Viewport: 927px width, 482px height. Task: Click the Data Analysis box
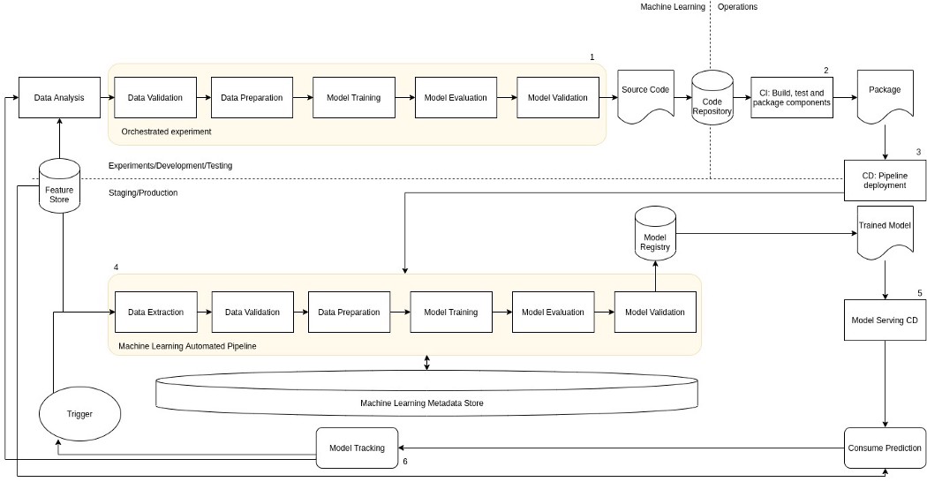[x=59, y=98]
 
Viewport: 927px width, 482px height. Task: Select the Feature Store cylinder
[x=59, y=185]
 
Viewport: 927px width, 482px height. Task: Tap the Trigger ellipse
[x=79, y=414]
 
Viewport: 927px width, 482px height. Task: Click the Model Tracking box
[x=357, y=448]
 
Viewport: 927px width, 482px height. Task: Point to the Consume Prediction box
[x=885, y=448]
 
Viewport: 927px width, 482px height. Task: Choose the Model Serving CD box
[x=885, y=320]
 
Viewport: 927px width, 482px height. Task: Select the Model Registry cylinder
[x=655, y=233]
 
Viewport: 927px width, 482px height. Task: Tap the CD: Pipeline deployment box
[x=885, y=181]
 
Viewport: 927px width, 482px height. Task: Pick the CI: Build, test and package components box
[x=792, y=98]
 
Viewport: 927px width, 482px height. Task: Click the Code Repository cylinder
[x=712, y=98]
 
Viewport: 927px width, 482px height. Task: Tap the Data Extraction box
[x=156, y=312]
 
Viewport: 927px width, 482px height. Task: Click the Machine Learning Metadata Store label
[x=422, y=403]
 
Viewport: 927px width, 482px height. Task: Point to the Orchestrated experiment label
[x=166, y=132]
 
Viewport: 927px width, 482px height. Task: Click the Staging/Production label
[x=143, y=192]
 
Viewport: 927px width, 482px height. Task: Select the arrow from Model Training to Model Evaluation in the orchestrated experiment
[x=405, y=98]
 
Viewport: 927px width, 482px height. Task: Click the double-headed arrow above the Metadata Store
[x=426, y=363]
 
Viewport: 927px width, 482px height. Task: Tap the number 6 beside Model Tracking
[x=405, y=462]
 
